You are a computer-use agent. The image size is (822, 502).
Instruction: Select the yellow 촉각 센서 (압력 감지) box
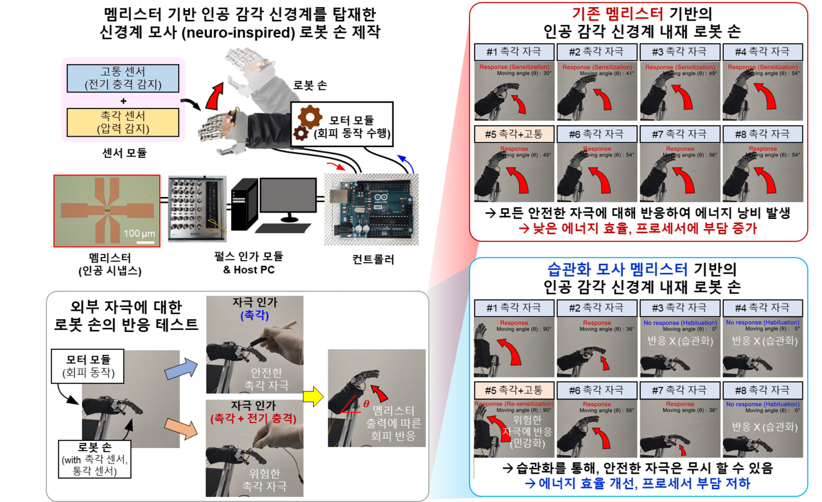tap(123, 122)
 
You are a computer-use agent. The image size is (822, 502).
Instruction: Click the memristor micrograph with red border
tap(106, 211)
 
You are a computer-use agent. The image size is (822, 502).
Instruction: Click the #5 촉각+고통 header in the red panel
tap(513, 134)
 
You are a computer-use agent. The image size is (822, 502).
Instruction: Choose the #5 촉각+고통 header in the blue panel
tap(513, 390)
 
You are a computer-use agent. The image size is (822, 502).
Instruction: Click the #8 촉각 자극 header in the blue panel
tap(762, 390)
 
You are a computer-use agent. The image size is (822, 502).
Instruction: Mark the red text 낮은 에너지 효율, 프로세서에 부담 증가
tap(638, 228)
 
